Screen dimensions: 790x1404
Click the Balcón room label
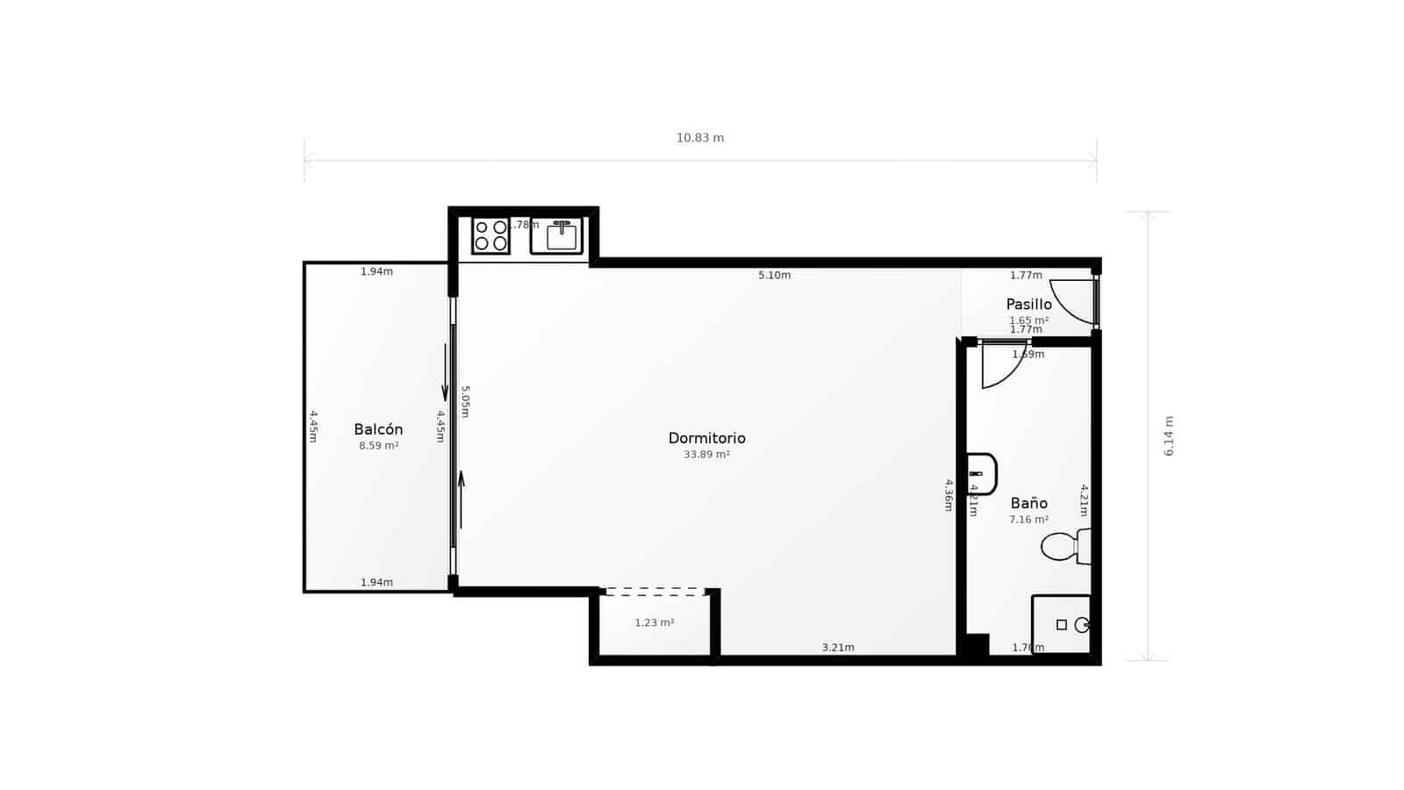(378, 429)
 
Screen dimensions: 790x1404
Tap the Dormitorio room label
(706, 438)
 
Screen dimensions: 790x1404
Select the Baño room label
(1028, 503)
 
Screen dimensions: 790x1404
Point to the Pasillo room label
(1028, 305)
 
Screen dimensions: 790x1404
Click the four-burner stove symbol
(491, 235)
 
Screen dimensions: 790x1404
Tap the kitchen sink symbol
(557, 235)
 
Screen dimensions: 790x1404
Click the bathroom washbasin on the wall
(981, 474)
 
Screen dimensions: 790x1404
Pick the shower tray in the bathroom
(1061, 624)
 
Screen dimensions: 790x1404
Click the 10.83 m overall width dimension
(700, 138)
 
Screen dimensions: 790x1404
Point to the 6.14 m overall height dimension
(1169, 435)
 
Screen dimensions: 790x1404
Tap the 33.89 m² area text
(706, 455)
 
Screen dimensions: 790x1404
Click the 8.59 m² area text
(378, 446)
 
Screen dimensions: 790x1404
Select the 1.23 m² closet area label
(655, 623)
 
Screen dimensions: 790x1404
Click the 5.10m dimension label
(774, 275)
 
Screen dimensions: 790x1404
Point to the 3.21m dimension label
(838, 648)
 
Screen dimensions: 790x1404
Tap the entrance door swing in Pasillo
(1072, 300)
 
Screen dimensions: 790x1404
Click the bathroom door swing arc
(1002, 365)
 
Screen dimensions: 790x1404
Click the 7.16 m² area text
(1028, 520)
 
